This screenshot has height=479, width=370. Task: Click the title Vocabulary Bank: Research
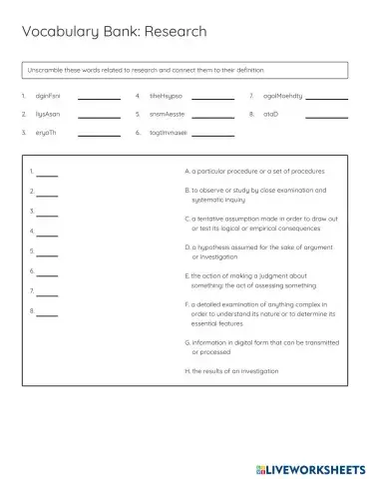pos(115,32)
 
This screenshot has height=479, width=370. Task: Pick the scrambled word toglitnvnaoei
pos(170,132)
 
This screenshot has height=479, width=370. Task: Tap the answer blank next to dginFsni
pos(99,99)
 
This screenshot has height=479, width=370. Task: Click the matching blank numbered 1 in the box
pos(47,175)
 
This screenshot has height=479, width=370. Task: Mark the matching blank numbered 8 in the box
pos(47,312)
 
